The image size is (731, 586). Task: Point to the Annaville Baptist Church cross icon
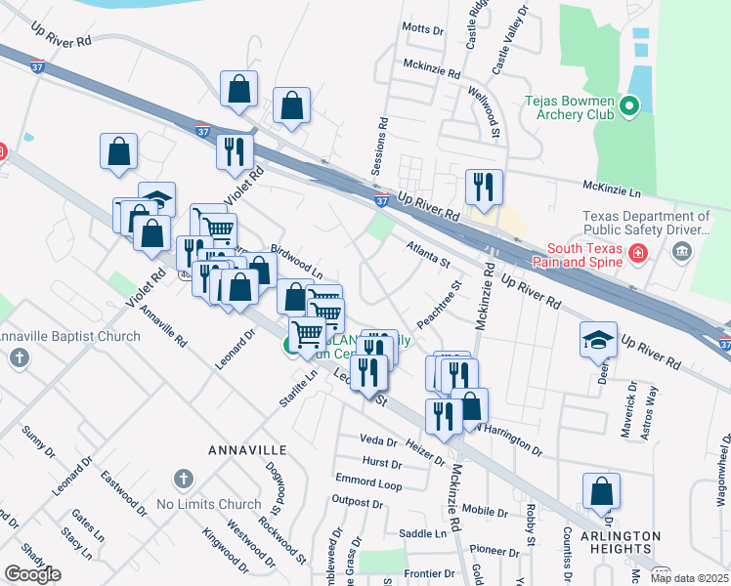[x=18, y=356]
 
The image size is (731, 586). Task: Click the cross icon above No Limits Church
[x=181, y=480]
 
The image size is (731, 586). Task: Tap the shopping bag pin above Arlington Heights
[x=601, y=493]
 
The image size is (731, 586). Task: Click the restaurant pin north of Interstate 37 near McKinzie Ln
[x=484, y=187]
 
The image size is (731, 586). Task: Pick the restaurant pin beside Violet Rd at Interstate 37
[x=235, y=151]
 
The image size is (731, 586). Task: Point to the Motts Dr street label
[x=422, y=29]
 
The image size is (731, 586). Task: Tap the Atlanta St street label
[x=429, y=256]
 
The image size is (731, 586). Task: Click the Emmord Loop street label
[x=368, y=482]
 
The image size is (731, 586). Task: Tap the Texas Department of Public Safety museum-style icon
[x=681, y=254]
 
